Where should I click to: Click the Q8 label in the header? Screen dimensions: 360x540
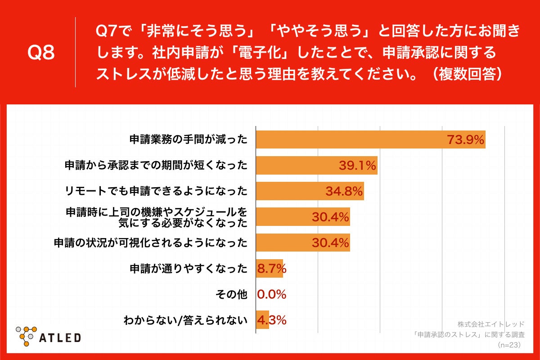41,53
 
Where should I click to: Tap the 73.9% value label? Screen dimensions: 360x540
466,140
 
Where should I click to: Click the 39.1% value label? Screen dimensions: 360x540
357,166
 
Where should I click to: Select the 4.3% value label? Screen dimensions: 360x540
271,320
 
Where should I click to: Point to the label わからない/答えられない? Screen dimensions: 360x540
185,320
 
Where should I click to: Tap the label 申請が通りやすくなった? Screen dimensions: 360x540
188,269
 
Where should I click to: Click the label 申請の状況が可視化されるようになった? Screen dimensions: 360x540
150,243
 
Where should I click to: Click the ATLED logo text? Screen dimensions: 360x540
60,337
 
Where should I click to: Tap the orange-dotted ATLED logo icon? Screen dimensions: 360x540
26,335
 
